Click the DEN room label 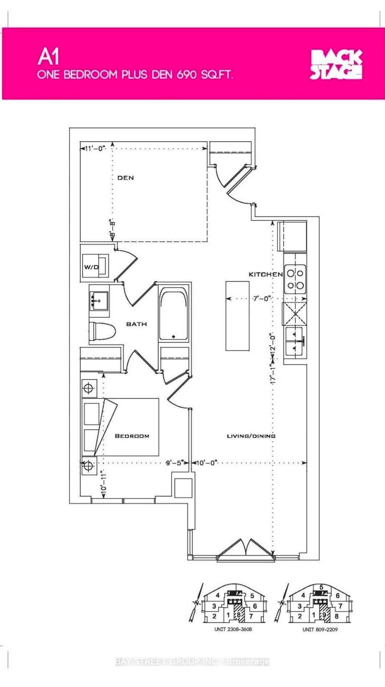pos(126,178)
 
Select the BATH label pos(136,324)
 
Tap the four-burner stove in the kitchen pos(295,279)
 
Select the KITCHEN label pos(266,274)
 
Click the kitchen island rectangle pos(238,316)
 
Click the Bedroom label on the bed pos(132,436)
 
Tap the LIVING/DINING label pos(251,436)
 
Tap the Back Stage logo pos(336,65)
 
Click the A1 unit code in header pos(49,57)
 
